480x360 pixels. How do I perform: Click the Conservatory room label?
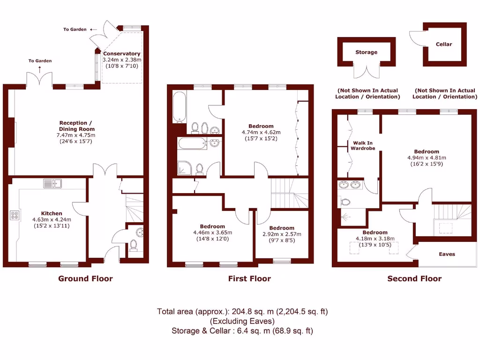(x=122, y=54)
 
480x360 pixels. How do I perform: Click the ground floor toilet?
(x=134, y=244)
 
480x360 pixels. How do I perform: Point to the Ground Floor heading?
(x=85, y=278)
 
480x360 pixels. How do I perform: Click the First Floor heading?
(x=249, y=278)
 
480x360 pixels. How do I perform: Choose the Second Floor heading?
(x=414, y=278)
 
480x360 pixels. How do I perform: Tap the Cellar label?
(x=444, y=45)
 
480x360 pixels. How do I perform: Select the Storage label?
(x=366, y=52)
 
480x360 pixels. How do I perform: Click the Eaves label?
(x=447, y=255)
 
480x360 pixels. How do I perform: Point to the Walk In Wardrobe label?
(x=363, y=145)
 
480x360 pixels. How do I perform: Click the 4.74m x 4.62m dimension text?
(x=261, y=132)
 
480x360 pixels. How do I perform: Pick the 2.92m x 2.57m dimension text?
(x=282, y=234)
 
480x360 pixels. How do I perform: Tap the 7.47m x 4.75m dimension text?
(x=76, y=135)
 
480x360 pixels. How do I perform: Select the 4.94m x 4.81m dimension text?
(x=427, y=158)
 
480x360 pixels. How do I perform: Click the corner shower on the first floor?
(x=184, y=167)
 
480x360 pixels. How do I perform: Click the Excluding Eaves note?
(x=242, y=321)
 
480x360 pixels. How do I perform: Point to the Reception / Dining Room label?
(x=76, y=126)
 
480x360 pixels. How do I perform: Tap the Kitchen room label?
(x=51, y=213)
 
